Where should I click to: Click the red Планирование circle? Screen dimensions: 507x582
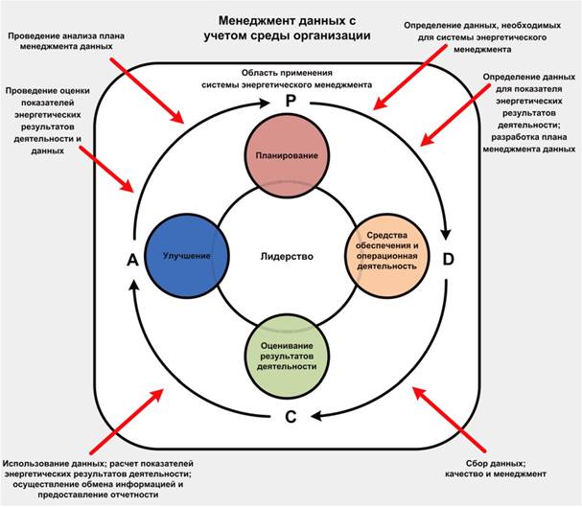(292, 154)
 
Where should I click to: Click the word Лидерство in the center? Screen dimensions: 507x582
(287, 257)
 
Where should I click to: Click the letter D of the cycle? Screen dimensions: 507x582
(449, 257)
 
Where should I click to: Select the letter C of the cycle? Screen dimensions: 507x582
(291, 416)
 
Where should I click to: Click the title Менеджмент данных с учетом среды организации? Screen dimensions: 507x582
(291, 26)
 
